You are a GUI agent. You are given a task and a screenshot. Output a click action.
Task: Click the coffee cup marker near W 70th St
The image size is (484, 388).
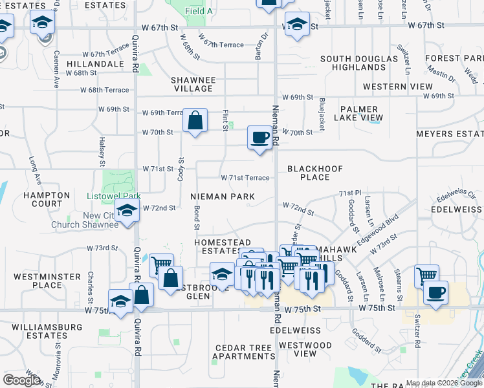[259, 138]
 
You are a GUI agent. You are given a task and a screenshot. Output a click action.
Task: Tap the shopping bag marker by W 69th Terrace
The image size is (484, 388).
[195, 120]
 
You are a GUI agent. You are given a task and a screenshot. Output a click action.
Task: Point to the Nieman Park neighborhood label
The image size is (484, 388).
[223, 196]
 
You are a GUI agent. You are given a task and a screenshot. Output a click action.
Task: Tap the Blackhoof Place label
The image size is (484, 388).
[314, 173]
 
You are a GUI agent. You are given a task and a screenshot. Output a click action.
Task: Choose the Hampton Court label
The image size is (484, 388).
[47, 199]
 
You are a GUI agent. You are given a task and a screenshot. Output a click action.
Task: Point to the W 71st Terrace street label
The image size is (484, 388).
[245, 178]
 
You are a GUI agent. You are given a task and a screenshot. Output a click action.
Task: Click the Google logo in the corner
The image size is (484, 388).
[22, 380]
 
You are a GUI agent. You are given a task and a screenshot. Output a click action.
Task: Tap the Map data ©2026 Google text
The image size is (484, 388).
[444, 383]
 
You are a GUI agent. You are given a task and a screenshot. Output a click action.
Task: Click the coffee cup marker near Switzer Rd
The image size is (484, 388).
[436, 292]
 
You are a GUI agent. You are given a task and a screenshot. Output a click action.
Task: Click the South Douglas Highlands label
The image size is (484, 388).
[353, 63]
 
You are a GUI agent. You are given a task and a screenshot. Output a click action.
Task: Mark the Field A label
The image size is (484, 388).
[199, 11]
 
